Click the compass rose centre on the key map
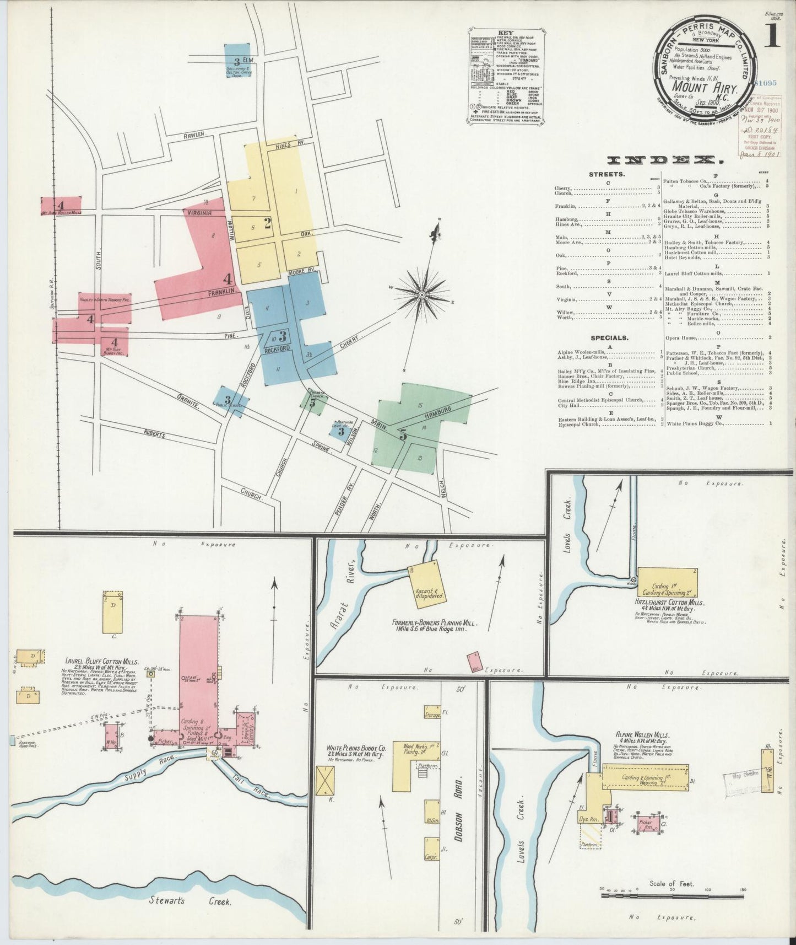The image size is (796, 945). [421, 295]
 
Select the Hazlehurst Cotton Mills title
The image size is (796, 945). [670, 602]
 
